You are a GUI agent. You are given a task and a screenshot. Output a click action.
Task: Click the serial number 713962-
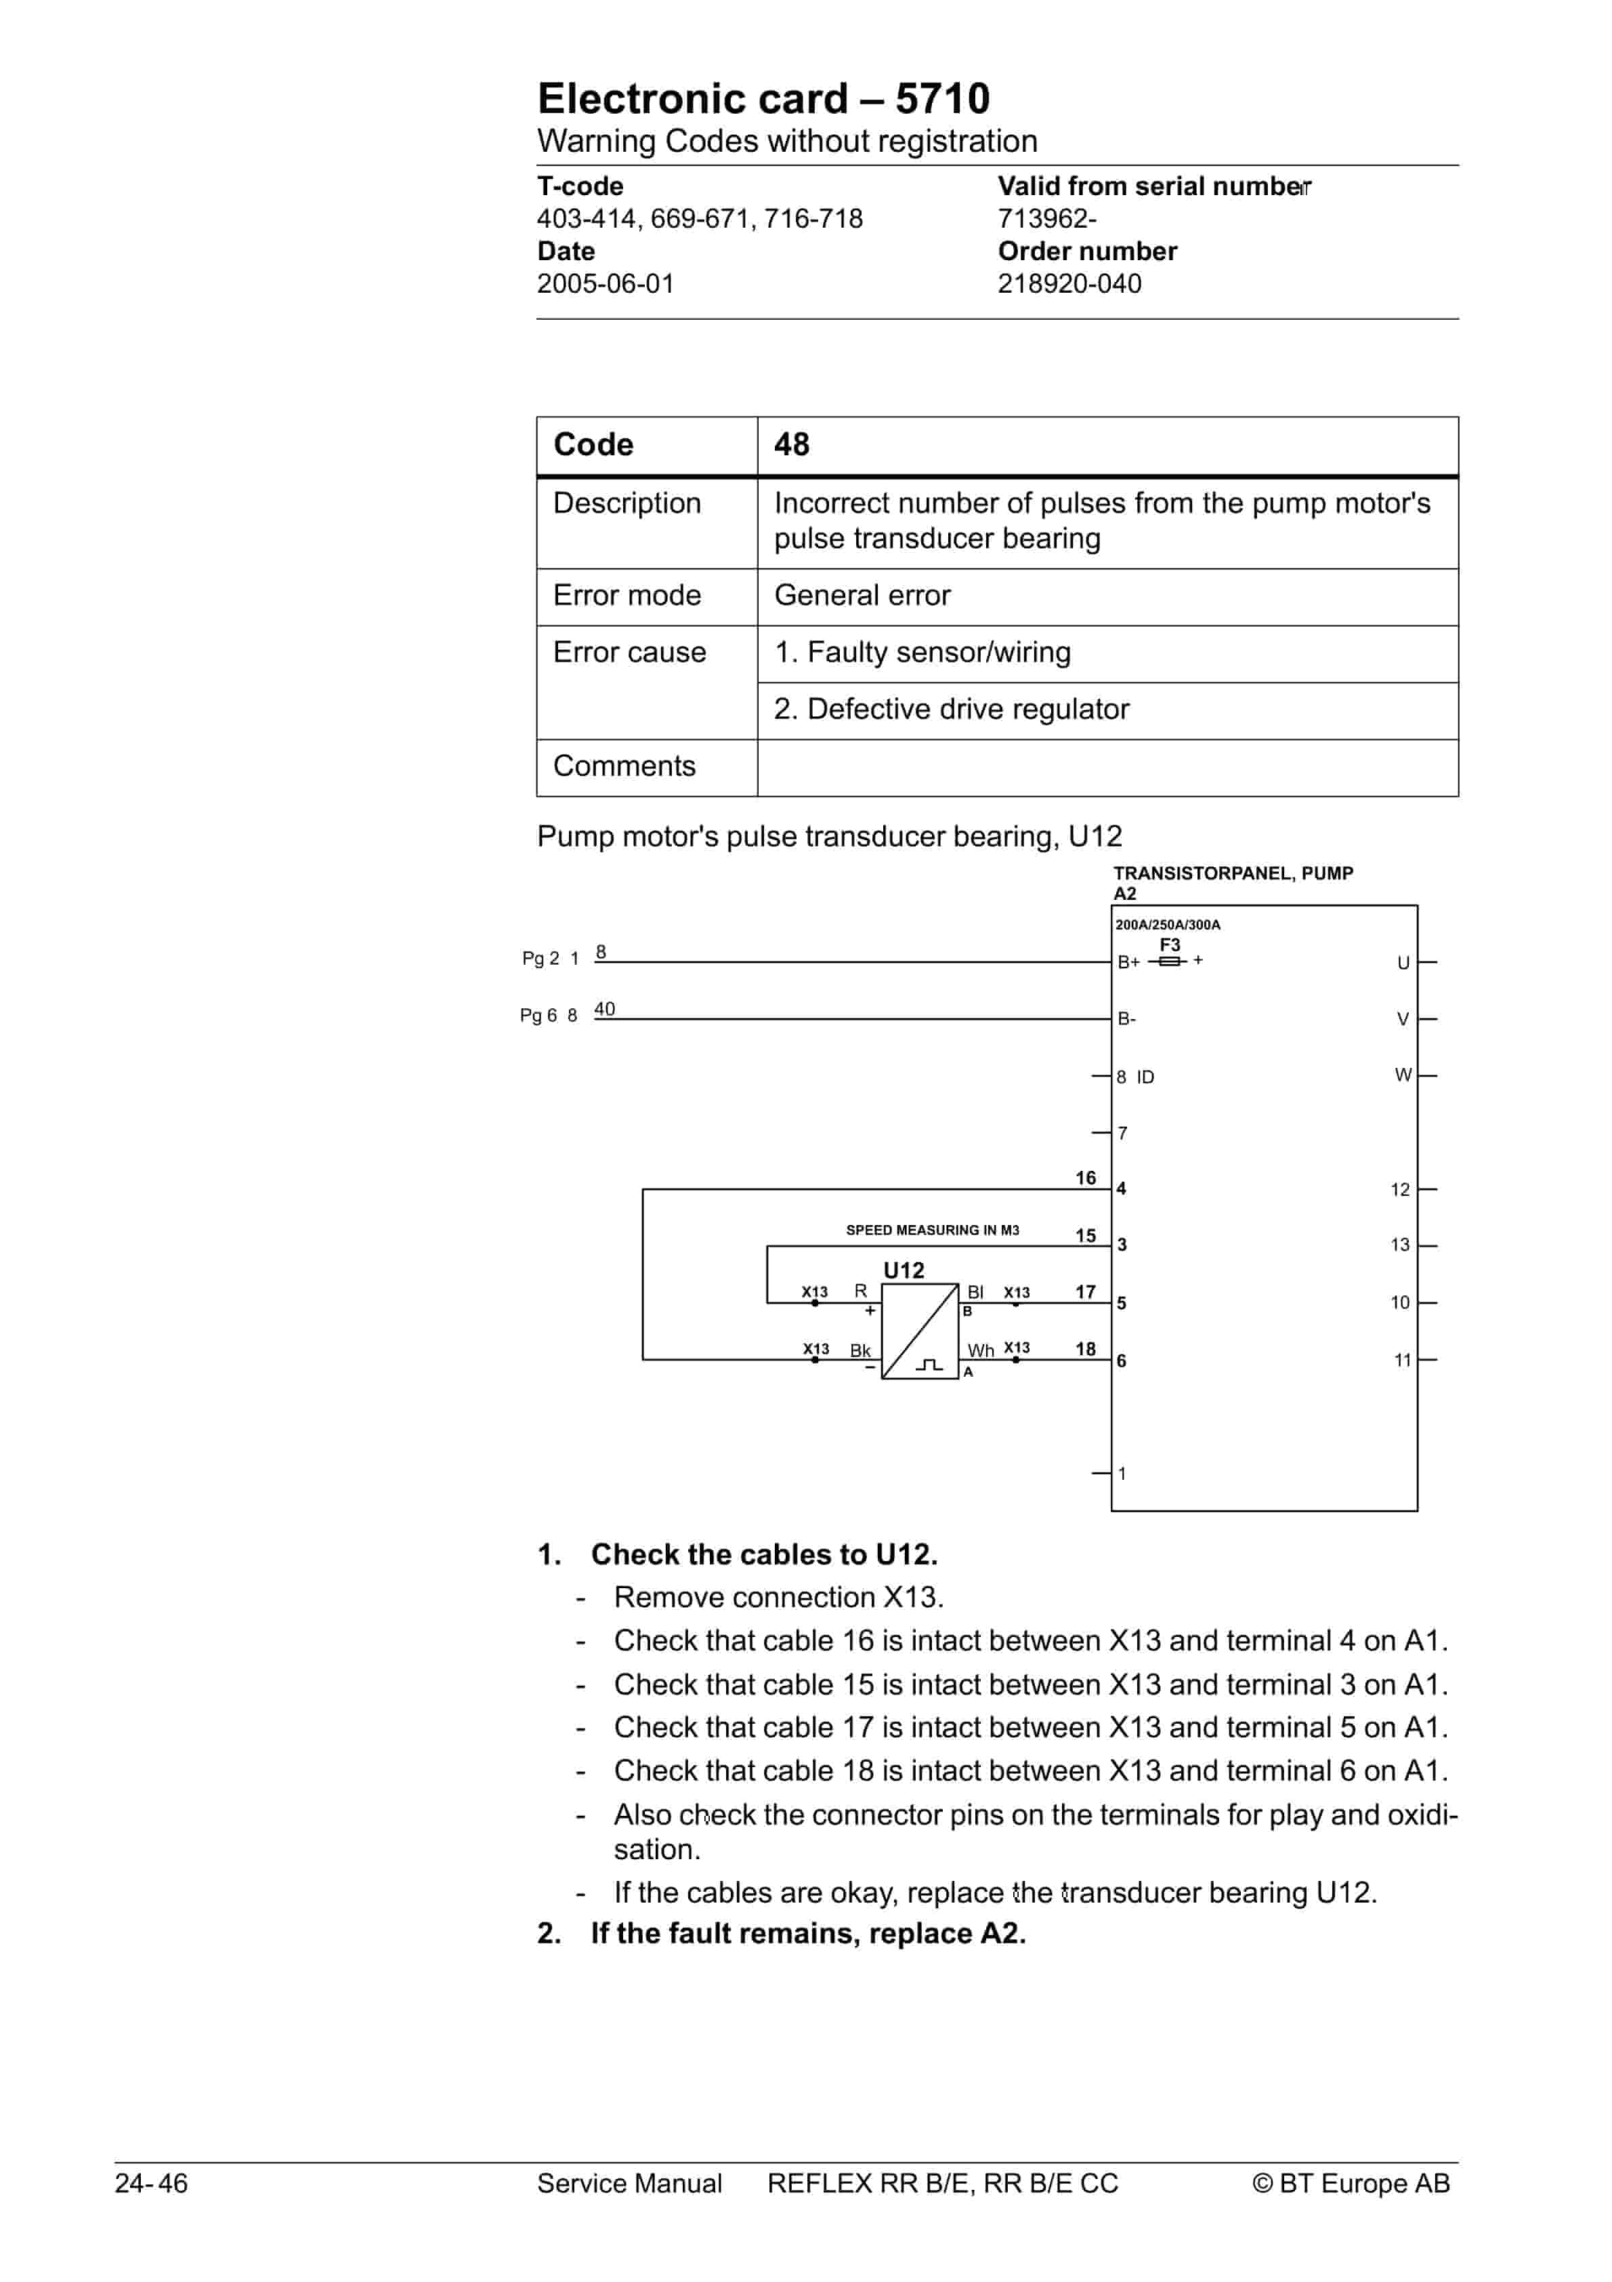(1046, 219)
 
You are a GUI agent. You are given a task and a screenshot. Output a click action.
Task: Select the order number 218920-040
(1068, 285)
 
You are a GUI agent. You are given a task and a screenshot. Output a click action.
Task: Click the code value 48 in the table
(791, 444)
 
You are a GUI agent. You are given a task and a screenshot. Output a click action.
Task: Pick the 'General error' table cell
(862, 596)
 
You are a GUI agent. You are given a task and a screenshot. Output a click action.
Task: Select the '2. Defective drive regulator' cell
(951, 709)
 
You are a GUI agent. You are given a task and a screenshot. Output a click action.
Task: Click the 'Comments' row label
(624, 766)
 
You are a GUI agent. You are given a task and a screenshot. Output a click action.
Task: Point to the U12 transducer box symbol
(919, 1331)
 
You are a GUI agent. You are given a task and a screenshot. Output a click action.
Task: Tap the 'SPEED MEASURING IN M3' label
(931, 1230)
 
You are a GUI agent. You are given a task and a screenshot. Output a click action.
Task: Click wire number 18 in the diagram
(1085, 1349)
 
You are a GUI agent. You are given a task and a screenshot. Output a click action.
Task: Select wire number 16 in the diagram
(1085, 1178)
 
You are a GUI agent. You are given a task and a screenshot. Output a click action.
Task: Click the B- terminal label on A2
(1127, 1019)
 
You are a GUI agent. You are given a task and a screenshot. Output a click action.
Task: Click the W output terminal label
(1402, 1075)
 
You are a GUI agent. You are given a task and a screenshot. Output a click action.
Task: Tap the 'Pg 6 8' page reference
(547, 1016)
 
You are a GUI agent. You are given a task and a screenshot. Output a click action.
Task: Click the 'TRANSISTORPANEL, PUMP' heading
(1232, 873)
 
